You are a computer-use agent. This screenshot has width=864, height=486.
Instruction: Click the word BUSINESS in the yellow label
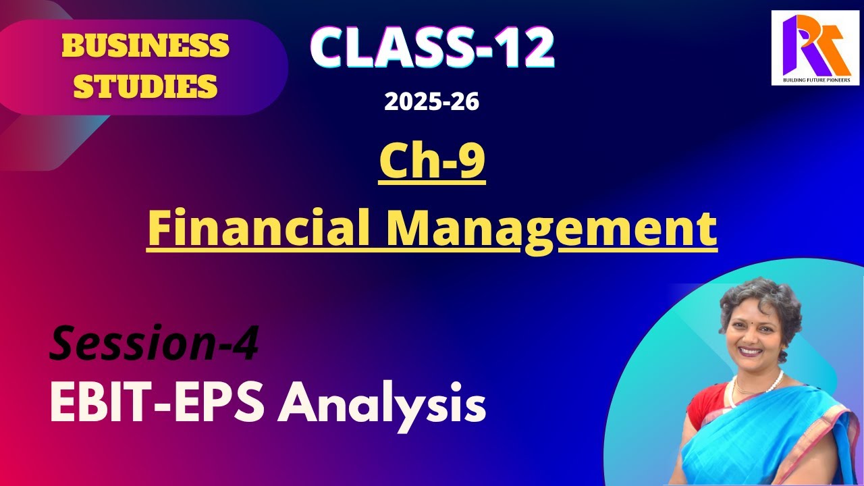tap(145, 46)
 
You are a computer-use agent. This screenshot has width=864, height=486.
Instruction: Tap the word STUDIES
tap(145, 86)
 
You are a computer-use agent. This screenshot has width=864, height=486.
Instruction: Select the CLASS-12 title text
tap(432, 47)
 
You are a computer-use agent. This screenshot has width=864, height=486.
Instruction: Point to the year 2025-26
tap(432, 102)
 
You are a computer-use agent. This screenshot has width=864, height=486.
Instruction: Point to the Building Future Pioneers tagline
tap(815, 80)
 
